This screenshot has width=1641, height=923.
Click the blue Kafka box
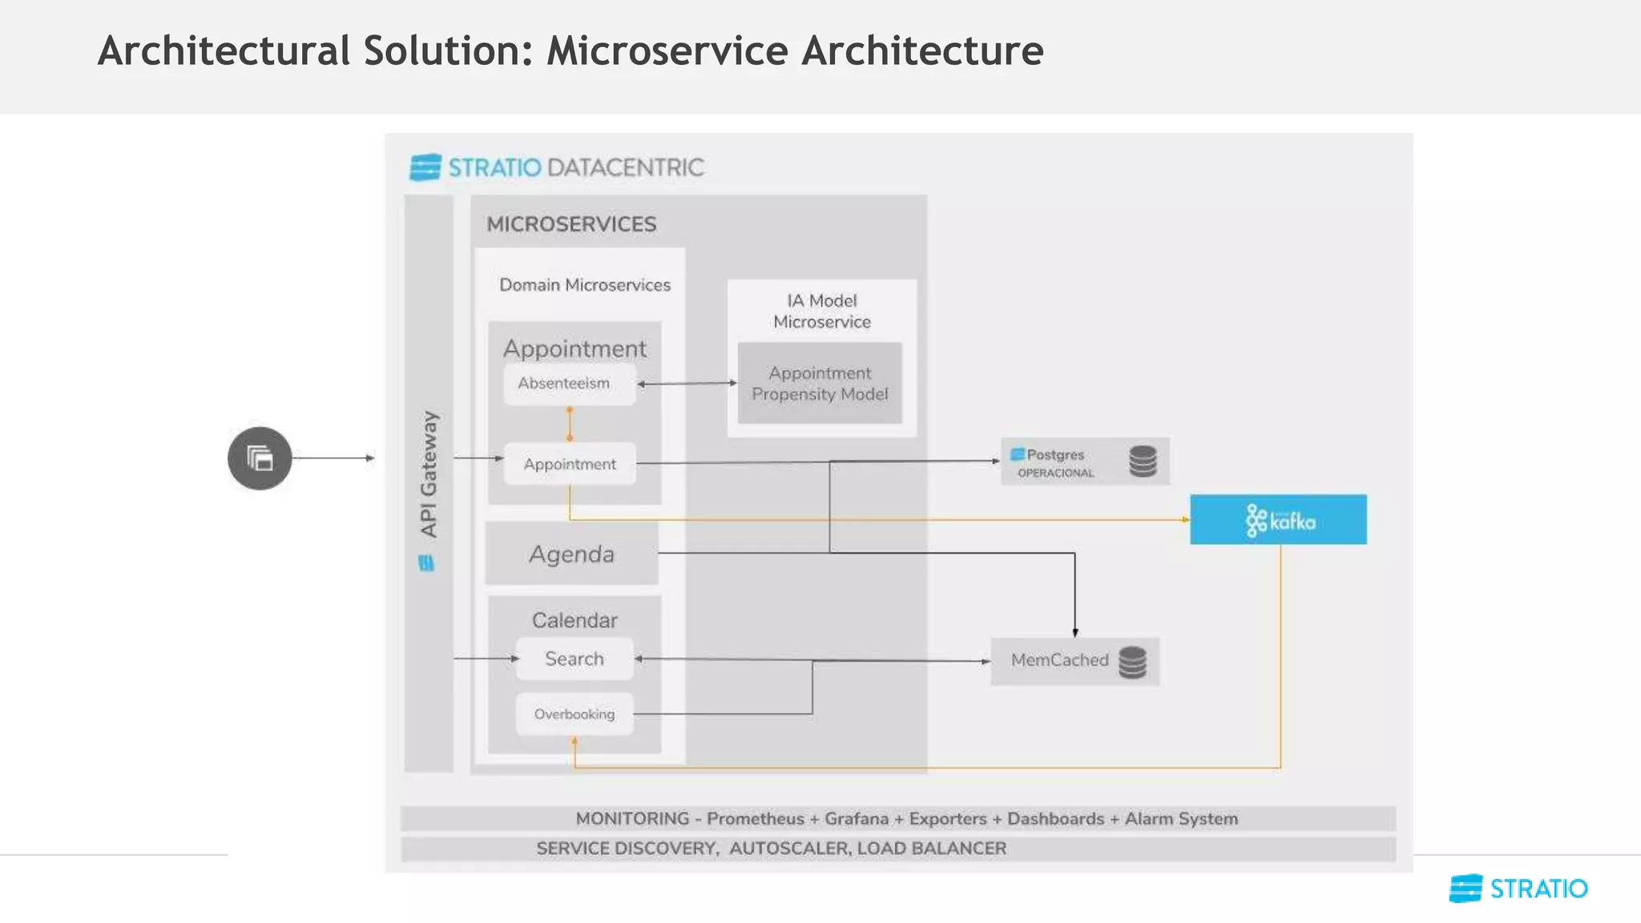(1278, 520)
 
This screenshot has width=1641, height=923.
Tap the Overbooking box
(575, 714)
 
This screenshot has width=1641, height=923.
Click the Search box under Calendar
(575, 659)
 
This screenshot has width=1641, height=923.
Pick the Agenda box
(571, 554)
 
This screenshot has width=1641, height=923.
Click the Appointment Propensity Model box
(820, 384)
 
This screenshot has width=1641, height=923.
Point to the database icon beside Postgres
(1143, 461)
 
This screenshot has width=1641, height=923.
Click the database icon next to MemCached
(1132, 662)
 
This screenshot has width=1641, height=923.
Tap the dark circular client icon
(260, 458)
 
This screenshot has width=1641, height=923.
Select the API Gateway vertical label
(429, 474)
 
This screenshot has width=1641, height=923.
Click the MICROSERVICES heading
(571, 224)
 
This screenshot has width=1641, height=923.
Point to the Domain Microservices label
(585, 285)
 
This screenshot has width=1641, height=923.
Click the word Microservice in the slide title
(667, 51)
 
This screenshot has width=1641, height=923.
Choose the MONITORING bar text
(906, 819)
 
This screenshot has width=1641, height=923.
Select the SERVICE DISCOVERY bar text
(771, 848)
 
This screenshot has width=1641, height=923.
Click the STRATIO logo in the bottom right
(1518, 889)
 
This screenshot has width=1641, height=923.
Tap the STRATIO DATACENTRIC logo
(557, 167)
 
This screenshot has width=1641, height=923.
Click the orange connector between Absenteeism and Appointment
(570, 424)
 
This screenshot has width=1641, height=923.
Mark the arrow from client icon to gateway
(333, 458)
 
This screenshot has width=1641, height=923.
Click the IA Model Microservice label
(821, 311)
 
